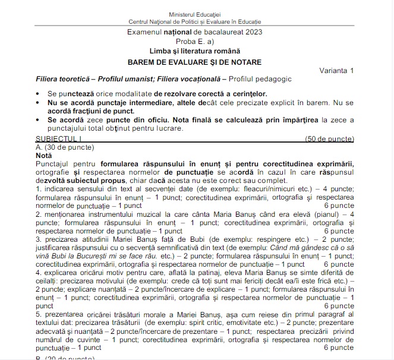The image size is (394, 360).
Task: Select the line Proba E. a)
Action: [194, 42]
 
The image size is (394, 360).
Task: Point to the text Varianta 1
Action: [335, 71]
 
